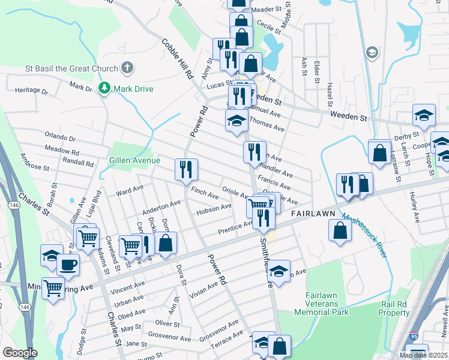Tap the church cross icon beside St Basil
pyautogui.click(x=127, y=68)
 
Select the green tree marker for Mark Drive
pyautogui.click(x=105, y=89)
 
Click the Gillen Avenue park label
pyautogui.click(x=134, y=160)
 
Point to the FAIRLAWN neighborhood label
pyautogui.click(x=312, y=214)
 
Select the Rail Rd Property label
pyautogui.click(x=394, y=308)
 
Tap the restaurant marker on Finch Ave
pyautogui.click(x=186, y=169)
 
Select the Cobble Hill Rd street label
pyautogui.click(x=176, y=59)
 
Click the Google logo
pyautogui.click(x=20, y=353)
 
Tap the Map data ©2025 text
pyautogui.click(x=423, y=355)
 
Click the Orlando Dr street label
pyautogui.click(x=59, y=136)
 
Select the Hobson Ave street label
pyautogui.click(x=214, y=209)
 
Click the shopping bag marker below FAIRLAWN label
pyautogui.click(x=340, y=231)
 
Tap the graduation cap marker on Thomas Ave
pyautogui.click(x=237, y=120)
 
